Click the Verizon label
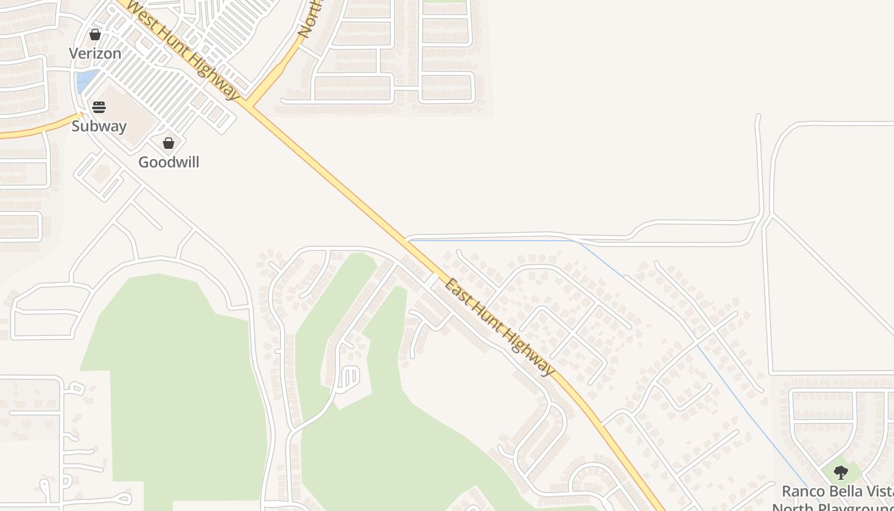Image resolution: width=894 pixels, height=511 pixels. click(x=95, y=54)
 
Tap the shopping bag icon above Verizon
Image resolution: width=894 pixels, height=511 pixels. click(x=95, y=34)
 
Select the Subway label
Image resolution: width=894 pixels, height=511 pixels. click(x=99, y=126)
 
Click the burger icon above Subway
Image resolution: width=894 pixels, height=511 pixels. click(x=99, y=107)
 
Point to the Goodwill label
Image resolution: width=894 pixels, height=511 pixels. click(x=169, y=162)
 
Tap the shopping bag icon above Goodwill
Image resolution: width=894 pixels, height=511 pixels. click(x=169, y=143)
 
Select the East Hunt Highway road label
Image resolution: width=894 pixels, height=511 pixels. click(x=499, y=326)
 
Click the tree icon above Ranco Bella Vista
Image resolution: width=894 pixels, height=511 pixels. click(x=841, y=473)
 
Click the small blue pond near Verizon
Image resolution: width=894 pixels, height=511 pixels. click(x=85, y=81)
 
